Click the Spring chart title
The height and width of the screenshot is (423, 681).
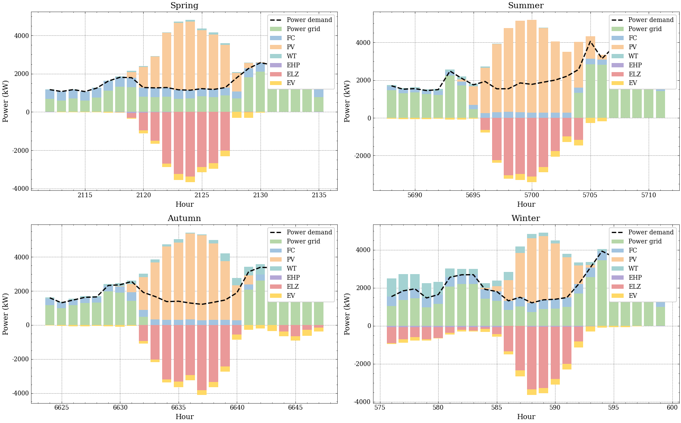click(184, 6)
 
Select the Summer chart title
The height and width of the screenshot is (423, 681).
click(525, 6)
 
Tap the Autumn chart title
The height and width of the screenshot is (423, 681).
click(184, 218)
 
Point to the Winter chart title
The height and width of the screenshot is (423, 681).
click(525, 218)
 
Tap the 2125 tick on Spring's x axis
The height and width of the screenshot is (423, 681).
click(202, 195)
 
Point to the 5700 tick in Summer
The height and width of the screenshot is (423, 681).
click(531, 195)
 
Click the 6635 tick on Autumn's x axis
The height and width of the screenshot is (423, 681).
click(179, 407)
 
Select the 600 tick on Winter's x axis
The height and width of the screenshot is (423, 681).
click(672, 407)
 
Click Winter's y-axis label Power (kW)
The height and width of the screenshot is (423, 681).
click(348, 314)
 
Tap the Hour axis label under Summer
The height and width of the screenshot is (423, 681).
click(526, 205)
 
